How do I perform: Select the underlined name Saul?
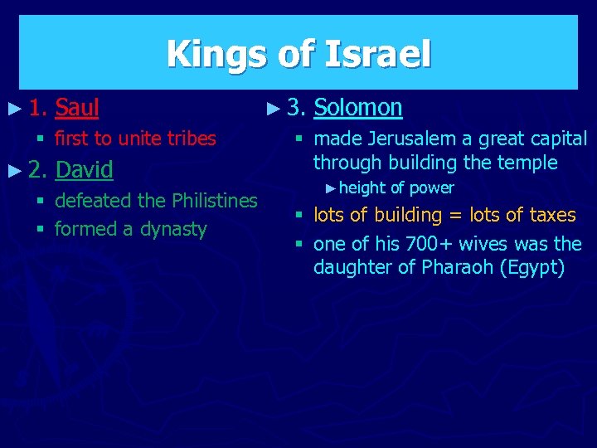coord(77,107)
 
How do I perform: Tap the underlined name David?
coord(84,170)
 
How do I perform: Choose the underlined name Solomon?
coord(358,107)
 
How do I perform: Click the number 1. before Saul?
coord(37,107)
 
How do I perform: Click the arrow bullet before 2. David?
coord(11,170)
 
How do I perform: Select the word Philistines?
coord(215,200)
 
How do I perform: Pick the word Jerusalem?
coord(401,139)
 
